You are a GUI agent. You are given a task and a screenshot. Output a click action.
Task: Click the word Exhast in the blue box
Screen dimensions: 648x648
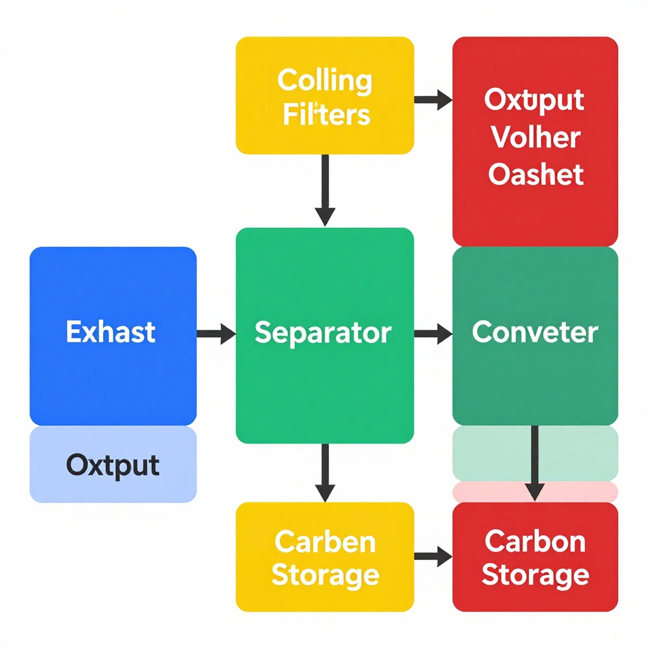[x=111, y=332]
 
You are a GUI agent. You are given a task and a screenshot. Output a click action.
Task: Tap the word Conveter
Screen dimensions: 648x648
[x=535, y=332]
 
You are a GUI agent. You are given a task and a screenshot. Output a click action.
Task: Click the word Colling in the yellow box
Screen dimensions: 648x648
[x=325, y=81]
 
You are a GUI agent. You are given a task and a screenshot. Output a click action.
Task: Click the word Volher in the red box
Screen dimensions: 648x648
[x=536, y=137]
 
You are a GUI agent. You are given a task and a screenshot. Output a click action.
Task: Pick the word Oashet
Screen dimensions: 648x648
[x=536, y=174]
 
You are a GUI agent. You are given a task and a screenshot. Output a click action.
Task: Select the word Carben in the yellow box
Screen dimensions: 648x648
[x=325, y=542]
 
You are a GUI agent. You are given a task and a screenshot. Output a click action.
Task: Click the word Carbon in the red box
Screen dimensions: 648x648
[x=535, y=542]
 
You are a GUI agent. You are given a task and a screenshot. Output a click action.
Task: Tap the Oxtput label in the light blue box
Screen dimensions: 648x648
[x=113, y=466]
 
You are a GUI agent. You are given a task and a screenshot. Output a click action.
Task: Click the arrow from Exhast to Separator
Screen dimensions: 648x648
[x=216, y=333]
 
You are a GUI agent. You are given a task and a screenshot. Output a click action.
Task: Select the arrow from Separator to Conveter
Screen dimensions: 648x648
[x=433, y=333]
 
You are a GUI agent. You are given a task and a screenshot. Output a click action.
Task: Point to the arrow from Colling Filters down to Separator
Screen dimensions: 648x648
[x=325, y=190]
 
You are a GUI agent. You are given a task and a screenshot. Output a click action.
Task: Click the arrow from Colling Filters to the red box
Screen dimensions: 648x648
[x=433, y=99]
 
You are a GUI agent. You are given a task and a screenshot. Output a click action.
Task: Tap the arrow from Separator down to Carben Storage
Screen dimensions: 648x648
[x=325, y=472]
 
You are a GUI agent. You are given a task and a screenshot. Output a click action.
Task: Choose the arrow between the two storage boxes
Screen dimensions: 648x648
[x=433, y=557]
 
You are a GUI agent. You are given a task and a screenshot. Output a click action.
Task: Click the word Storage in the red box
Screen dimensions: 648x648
[x=535, y=576]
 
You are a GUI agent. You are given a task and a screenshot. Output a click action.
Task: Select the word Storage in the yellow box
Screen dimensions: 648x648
[x=325, y=576]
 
